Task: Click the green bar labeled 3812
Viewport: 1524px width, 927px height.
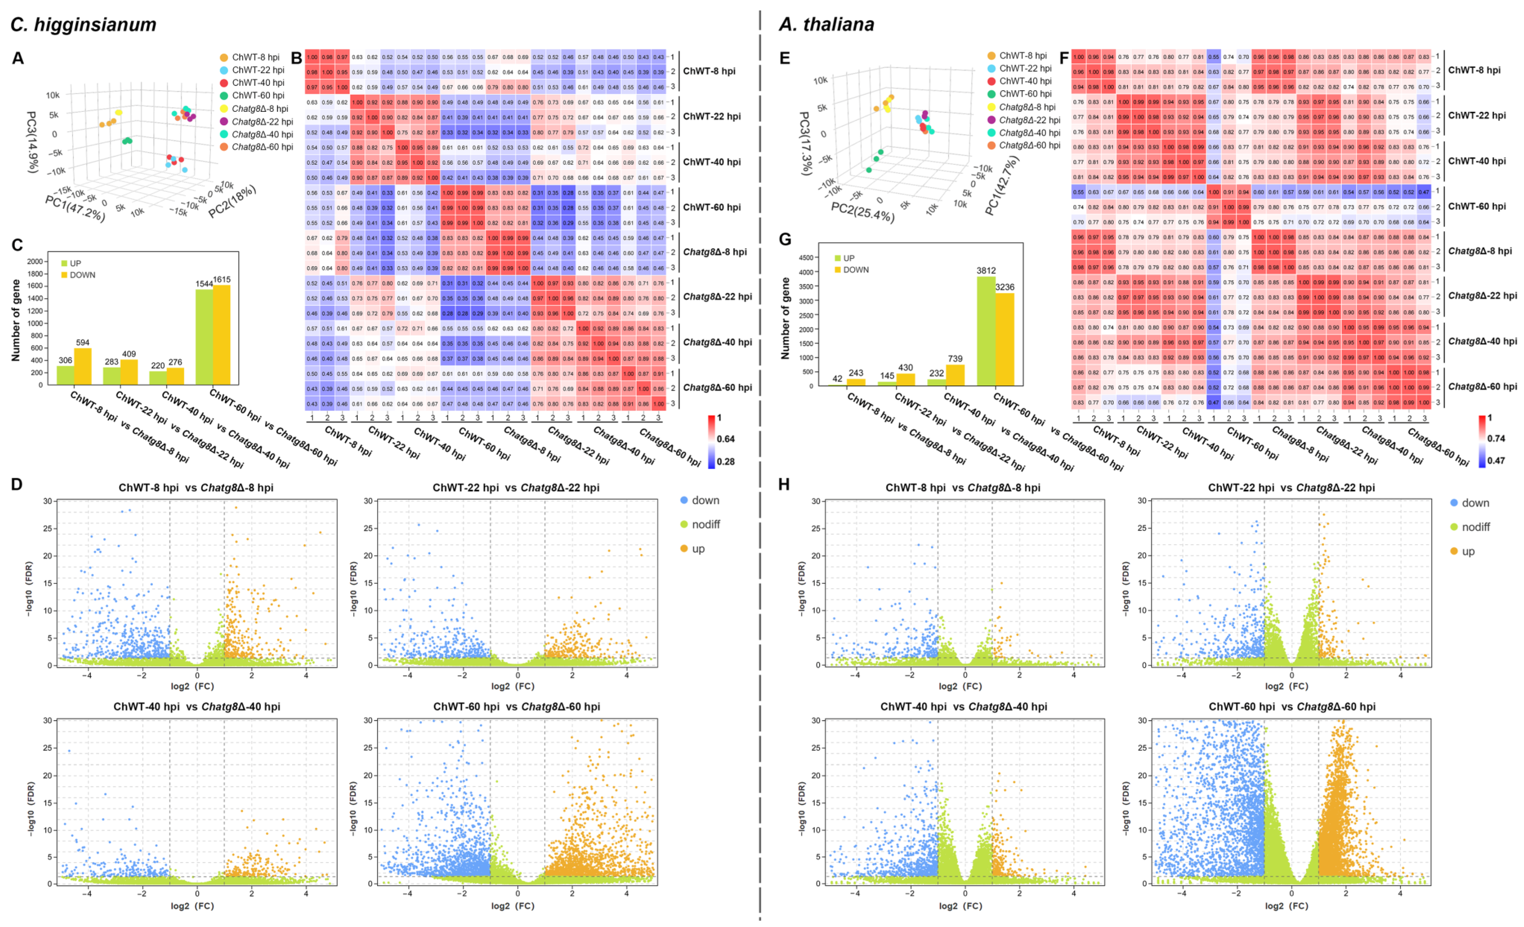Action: tap(986, 331)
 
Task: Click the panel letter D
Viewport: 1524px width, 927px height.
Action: tap(17, 484)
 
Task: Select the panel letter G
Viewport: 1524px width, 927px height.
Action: tap(785, 239)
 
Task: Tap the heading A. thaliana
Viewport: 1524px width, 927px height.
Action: tap(826, 25)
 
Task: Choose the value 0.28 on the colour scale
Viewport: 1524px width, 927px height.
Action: tap(725, 462)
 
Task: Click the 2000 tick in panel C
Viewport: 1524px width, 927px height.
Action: tap(35, 261)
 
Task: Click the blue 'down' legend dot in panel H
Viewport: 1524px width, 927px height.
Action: tap(1454, 502)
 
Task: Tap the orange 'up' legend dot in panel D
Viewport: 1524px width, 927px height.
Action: tap(684, 548)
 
